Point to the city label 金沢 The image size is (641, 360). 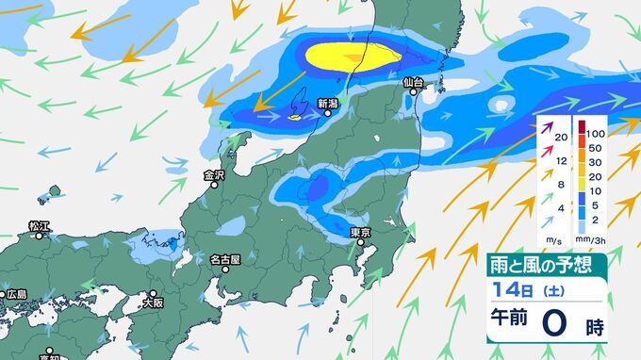(x=214, y=175)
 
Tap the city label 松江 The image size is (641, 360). (x=39, y=226)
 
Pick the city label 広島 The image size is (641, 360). (x=16, y=294)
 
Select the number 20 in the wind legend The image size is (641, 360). (x=562, y=138)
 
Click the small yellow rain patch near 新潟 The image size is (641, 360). (x=294, y=118)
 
